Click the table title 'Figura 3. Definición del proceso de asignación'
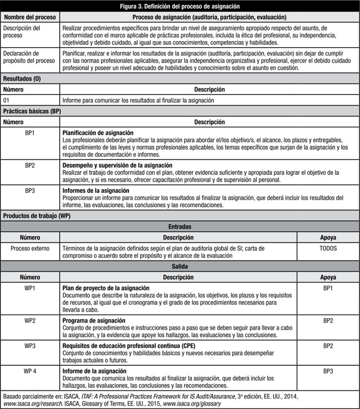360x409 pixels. coord(180,6)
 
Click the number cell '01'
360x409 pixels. coord(7,100)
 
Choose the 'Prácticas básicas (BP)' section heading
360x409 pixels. coord(32,111)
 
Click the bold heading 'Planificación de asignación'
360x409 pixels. coord(97,134)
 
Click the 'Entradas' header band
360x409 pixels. coord(180,227)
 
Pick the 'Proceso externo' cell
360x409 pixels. coord(30,248)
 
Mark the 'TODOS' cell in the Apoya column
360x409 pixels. coord(327,248)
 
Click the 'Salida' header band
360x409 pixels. coord(180,267)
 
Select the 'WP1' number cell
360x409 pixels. coord(30,288)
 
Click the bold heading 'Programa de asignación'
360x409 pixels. coord(92,321)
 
